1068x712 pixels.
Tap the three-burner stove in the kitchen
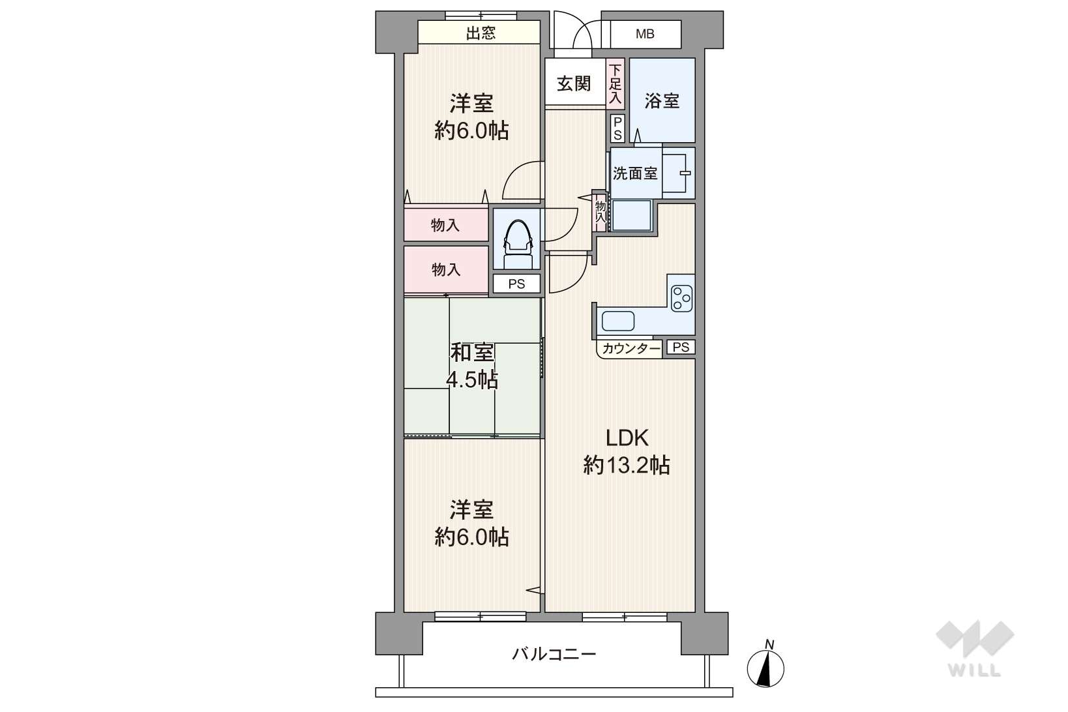(681, 299)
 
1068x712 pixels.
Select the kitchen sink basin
(618, 321)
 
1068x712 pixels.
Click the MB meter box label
(645, 34)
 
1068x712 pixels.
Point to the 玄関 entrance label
(574, 84)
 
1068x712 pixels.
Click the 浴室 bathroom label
(662, 101)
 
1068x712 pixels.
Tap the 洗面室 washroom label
(635, 173)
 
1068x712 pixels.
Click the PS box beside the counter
(681, 347)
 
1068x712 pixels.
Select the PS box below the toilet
(517, 284)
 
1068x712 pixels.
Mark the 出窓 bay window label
(481, 33)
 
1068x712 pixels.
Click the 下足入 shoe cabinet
(616, 84)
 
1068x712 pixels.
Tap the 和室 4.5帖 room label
(472, 366)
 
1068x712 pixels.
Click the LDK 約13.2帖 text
(627, 452)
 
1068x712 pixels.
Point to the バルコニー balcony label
(554, 654)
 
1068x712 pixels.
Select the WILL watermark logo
(975, 648)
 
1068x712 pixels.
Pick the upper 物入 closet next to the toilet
(446, 225)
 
